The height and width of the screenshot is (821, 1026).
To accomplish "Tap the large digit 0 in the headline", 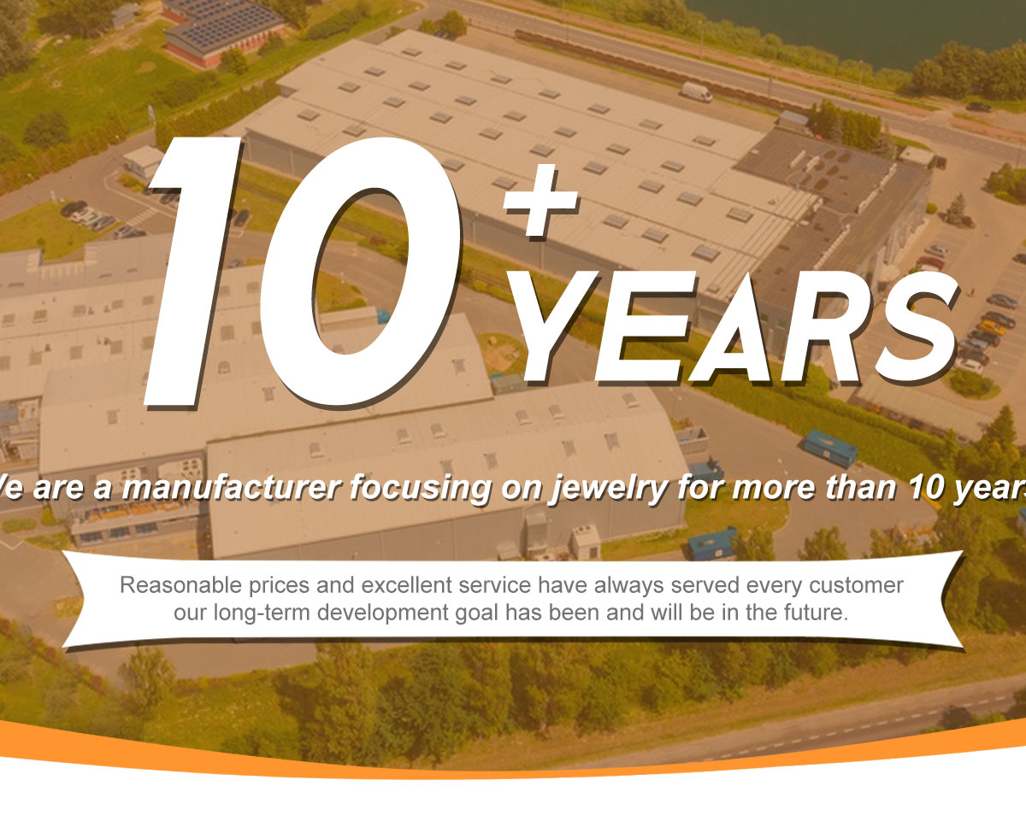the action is (x=360, y=272).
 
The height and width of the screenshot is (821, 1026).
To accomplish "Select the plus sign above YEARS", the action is (x=540, y=200).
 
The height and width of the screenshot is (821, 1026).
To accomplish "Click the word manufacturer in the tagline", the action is (x=231, y=488).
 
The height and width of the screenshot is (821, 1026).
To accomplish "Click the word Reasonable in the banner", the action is (x=180, y=585).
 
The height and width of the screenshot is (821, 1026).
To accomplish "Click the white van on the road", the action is (x=696, y=92).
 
